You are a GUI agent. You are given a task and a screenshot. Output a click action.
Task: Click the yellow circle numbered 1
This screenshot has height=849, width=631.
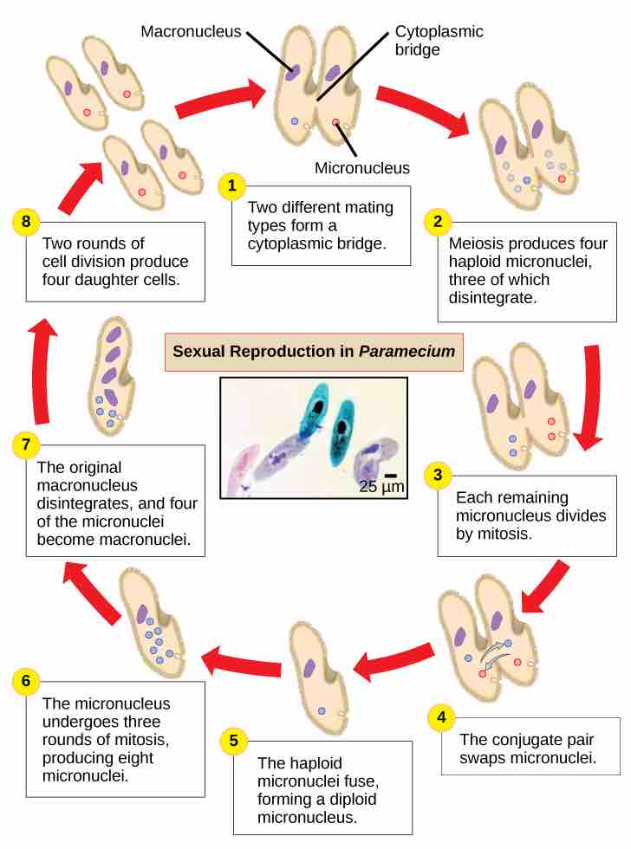pyautogui.click(x=231, y=185)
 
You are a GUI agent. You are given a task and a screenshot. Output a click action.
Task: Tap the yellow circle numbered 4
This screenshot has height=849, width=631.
pyautogui.click(x=442, y=717)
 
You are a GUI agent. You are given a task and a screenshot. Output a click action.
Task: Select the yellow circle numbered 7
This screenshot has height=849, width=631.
pyautogui.click(x=26, y=446)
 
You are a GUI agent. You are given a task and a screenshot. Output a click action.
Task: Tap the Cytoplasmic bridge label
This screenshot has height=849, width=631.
pyautogui.click(x=439, y=41)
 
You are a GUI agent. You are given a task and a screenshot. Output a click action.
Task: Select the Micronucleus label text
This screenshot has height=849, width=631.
pyautogui.click(x=361, y=168)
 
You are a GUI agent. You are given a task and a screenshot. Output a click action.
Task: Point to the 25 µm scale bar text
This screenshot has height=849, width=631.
pyautogui.click(x=381, y=487)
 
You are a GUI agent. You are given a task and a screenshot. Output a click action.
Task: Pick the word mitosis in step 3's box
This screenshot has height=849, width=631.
pyautogui.click(x=509, y=534)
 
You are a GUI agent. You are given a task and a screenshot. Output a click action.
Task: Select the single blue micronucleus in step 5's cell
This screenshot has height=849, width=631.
pyautogui.click(x=322, y=710)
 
